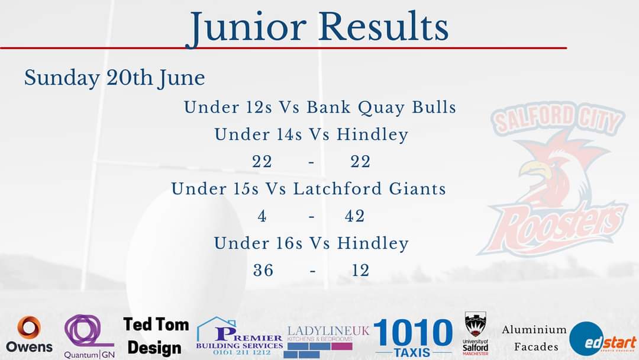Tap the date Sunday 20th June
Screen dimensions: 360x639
click(x=114, y=78)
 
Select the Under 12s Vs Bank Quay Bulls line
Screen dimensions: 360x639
click(x=319, y=108)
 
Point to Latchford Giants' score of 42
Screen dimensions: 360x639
click(x=355, y=217)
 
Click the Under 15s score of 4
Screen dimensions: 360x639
click(x=262, y=217)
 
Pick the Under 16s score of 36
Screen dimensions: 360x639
click(x=263, y=271)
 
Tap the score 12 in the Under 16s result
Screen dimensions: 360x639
click(x=360, y=271)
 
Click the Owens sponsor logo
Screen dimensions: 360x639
click(x=29, y=335)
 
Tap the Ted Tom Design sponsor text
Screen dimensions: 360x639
click(x=156, y=336)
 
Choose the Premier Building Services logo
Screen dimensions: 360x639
click(x=239, y=337)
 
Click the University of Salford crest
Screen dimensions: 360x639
click(x=475, y=334)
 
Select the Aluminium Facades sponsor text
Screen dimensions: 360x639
click(x=534, y=337)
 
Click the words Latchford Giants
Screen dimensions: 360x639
click(x=369, y=189)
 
